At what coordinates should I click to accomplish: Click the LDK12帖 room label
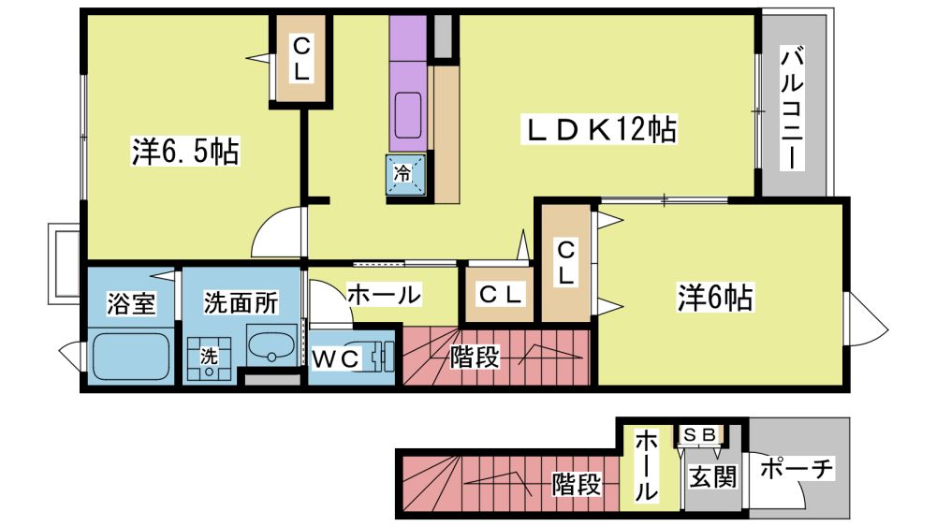(x=601, y=129)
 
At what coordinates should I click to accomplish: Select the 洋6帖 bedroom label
(x=714, y=297)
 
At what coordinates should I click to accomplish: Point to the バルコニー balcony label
(x=792, y=110)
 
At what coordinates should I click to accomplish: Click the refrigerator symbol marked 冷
(x=406, y=174)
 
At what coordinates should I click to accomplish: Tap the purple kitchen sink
(x=408, y=116)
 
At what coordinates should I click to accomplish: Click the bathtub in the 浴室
(x=131, y=356)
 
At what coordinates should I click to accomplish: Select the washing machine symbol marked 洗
(x=209, y=358)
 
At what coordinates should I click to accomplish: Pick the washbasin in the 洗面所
(x=271, y=346)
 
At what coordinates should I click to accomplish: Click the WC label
(x=336, y=358)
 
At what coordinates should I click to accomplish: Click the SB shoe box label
(x=699, y=434)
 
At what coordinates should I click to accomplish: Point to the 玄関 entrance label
(x=712, y=476)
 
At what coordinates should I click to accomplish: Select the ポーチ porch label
(x=796, y=468)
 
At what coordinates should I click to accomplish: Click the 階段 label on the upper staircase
(x=475, y=357)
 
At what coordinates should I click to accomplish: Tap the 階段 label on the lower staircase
(x=576, y=484)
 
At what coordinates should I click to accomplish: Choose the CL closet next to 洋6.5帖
(x=300, y=59)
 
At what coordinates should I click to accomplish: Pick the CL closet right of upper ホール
(x=499, y=293)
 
